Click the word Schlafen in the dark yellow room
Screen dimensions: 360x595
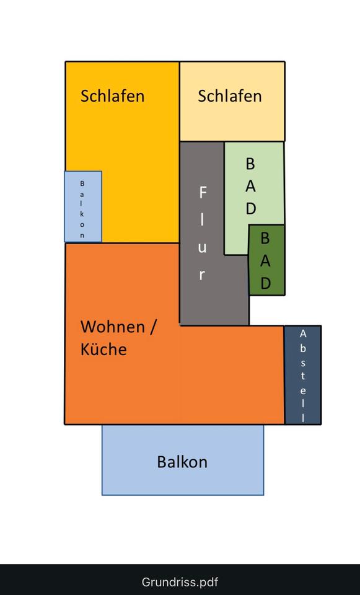point(112,95)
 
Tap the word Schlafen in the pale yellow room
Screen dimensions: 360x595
point(229,95)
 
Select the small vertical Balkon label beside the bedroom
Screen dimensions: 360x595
point(82,209)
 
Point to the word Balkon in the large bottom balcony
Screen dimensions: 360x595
point(182,462)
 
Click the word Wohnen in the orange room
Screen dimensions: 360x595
point(113,327)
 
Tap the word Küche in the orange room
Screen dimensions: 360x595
point(103,349)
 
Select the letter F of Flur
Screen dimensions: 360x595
point(203,193)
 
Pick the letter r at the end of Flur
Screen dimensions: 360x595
point(202,275)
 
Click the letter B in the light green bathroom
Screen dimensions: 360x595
point(250,164)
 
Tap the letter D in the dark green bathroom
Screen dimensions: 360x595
point(266,283)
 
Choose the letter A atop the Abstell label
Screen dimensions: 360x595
point(303,334)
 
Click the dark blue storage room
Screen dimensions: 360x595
point(303,374)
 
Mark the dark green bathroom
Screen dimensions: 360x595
point(266,260)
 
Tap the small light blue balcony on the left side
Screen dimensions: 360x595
point(83,206)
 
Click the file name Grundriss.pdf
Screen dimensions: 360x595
point(180,582)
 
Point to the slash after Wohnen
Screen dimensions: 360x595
point(152,327)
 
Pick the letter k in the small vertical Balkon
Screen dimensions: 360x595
point(82,214)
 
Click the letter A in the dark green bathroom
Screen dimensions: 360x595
point(266,261)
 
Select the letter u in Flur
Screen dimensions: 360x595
point(202,248)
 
